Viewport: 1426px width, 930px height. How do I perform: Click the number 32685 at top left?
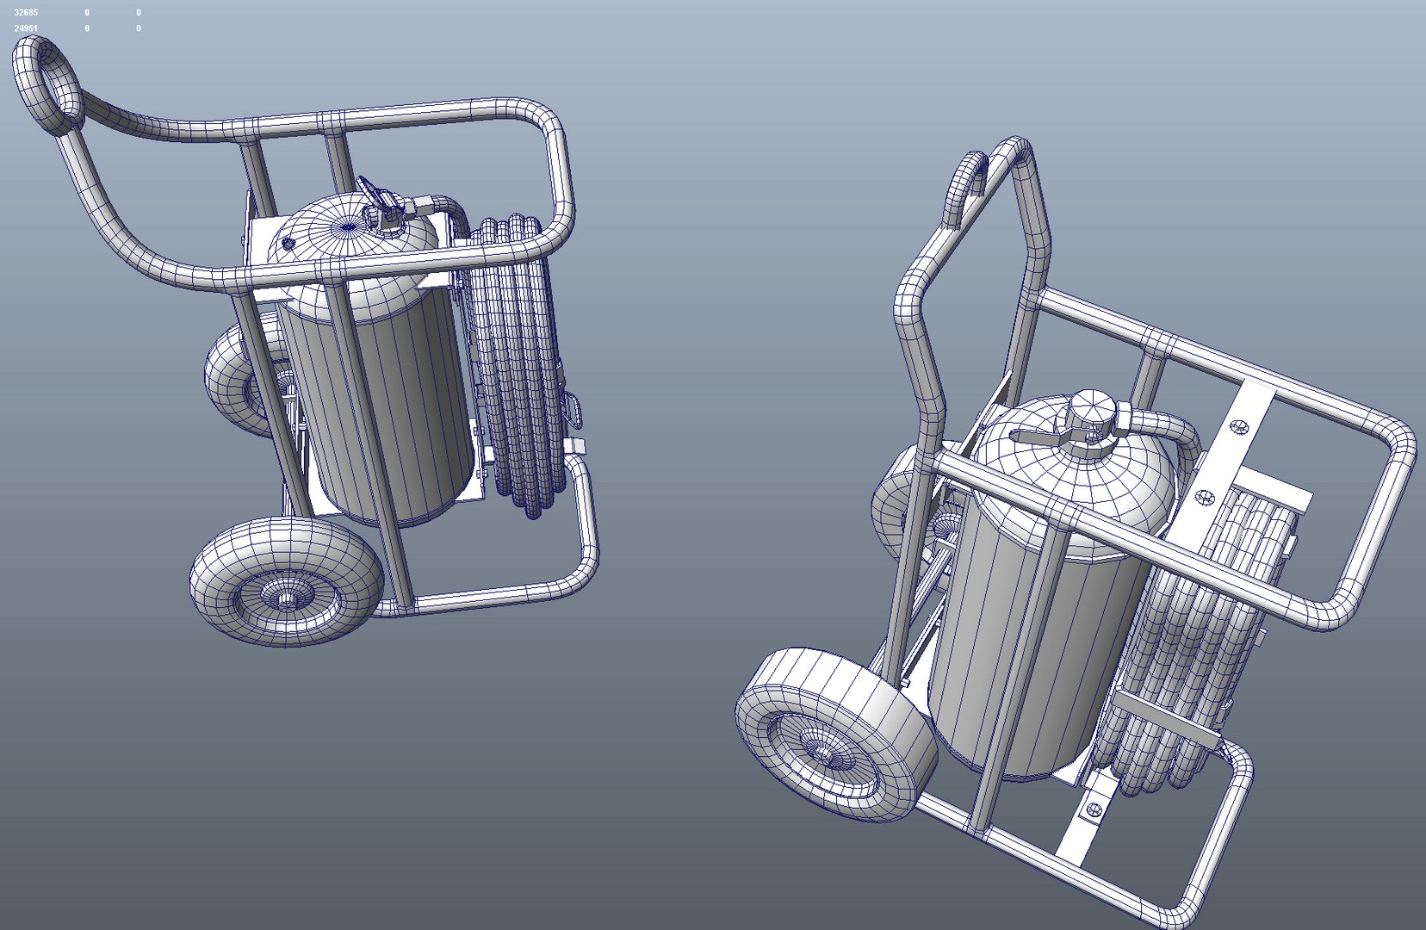tap(26, 13)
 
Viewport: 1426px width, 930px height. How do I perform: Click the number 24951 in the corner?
tap(26, 28)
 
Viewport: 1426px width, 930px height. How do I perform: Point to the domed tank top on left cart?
tap(344, 228)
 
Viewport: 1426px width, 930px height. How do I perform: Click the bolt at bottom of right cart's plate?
tap(1094, 808)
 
